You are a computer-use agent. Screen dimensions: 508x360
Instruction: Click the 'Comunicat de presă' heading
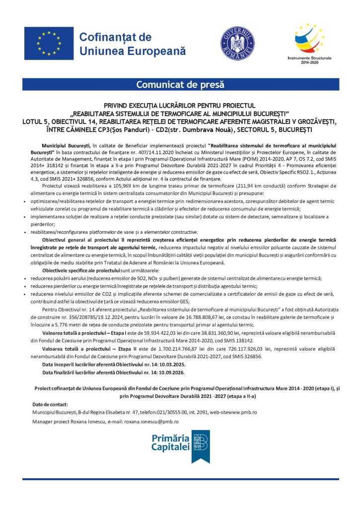pos(180,85)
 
